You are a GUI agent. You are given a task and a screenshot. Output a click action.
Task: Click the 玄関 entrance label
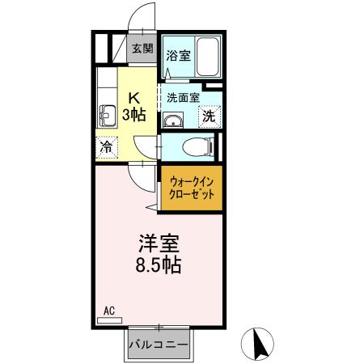tap(142, 49)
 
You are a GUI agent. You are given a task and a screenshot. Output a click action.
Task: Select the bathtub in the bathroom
tap(205, 57)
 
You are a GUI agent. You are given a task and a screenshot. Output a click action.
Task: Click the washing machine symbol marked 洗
tap(209, 116)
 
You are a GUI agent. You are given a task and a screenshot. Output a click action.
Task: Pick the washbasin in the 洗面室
tap(172, 121)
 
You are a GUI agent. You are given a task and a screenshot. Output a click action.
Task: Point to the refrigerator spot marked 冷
tap(106, 147)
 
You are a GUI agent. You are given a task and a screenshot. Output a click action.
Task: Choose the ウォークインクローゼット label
tap(191, 189)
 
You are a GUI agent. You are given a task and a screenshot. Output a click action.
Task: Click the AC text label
tap(108, 310)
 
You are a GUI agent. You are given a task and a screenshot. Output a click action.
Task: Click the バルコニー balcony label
tap(159, 345)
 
